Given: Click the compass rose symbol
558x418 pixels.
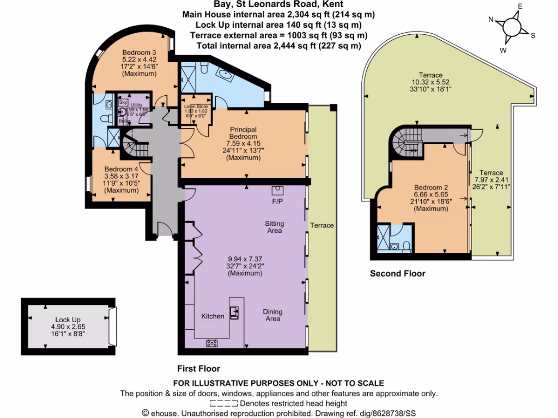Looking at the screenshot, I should click(x=512, y=27).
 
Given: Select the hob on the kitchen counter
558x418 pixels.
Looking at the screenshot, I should click(x=211, y=343).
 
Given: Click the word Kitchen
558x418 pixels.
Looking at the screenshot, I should click(x=213, y=316).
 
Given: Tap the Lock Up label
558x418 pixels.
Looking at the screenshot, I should click(x=68, y=319).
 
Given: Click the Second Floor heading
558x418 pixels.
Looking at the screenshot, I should click(x=398, y=273).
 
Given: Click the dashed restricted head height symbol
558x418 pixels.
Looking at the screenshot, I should click(x=223, y=403).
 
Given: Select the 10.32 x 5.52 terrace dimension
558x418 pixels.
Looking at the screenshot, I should click(x=430, y=82).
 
